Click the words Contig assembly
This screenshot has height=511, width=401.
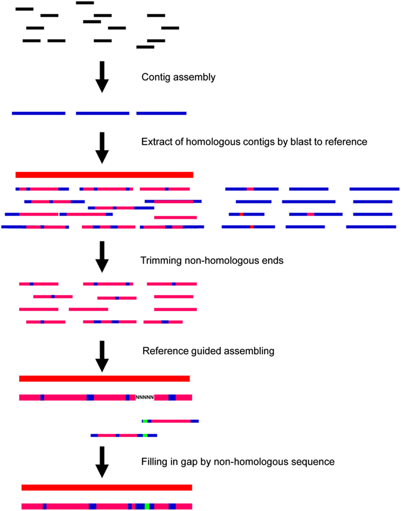click(178, 77)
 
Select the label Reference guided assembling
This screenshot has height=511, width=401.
click(208, 351)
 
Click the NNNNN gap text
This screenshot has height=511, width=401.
click(145, 397)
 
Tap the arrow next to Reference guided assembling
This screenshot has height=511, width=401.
click(102, 356)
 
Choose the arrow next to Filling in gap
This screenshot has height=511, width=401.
click(102, 461)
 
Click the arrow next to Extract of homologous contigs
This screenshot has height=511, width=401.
click(102, 148)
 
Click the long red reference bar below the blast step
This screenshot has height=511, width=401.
click(104, 175)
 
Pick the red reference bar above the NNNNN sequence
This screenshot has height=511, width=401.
click(104, 379)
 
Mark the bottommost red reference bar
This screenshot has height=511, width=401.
click(107, 487)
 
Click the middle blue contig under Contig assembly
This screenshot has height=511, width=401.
click(102, 114)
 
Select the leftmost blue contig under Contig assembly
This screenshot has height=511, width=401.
click(38, 114)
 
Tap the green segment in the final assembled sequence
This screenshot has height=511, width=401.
click(147, 506)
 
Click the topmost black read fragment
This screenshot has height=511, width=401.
click(85, 3)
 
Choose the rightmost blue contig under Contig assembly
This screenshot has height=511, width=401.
click(161, 114)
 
